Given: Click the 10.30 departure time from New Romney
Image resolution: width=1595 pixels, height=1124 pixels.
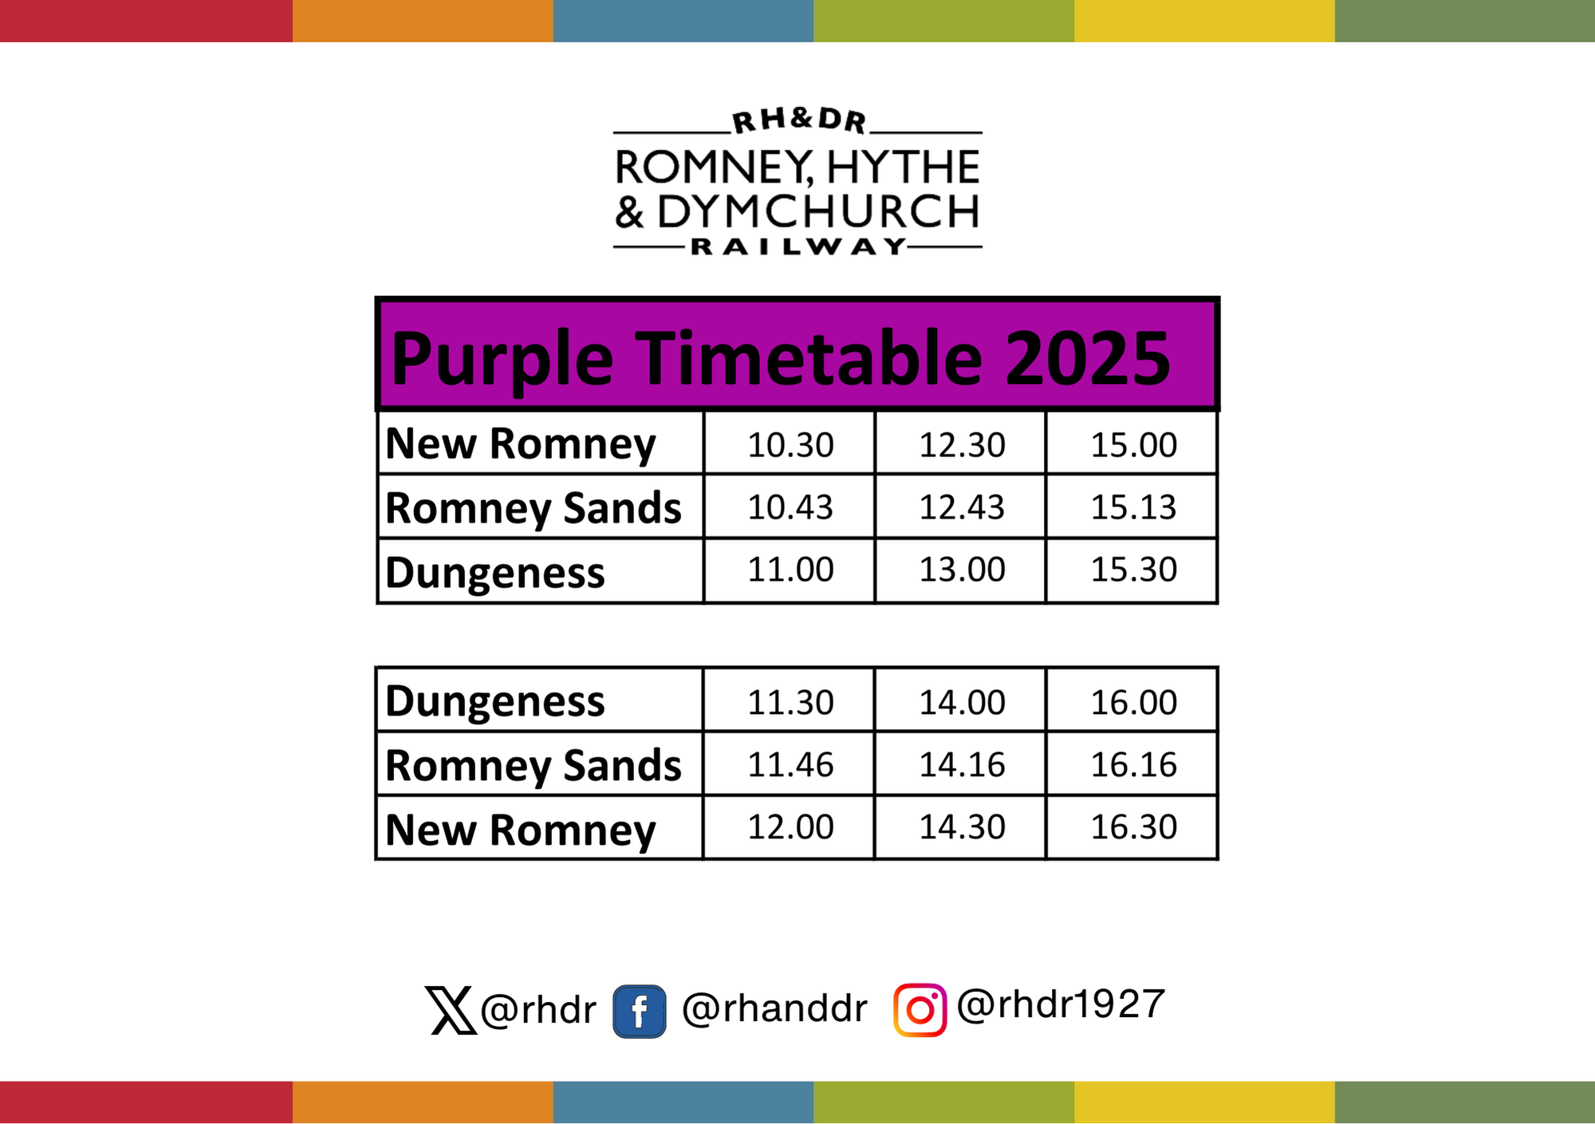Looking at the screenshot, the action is (x=790, y=445).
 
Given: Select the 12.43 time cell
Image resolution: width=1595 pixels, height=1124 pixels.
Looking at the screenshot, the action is (x=962, y=507).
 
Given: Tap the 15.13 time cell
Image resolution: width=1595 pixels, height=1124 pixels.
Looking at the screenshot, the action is (x=1133, y=507).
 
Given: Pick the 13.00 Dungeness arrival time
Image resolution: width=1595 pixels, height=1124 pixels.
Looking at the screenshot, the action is (x=962, y=570).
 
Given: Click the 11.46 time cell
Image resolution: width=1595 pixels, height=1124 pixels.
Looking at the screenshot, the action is (x=790, y=765).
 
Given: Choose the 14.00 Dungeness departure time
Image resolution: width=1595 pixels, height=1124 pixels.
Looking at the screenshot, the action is (x=962, y=703).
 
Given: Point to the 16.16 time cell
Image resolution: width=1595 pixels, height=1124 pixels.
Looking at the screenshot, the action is (x=1133, y=765).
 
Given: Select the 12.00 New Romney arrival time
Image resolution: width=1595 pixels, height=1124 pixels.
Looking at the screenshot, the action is (x=790, y=827).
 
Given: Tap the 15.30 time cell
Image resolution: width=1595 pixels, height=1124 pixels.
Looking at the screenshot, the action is (x=1133, y=570).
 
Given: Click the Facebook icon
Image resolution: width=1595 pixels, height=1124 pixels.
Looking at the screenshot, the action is (x=640, y=1012).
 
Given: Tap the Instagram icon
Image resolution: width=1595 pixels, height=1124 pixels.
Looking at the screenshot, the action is (x=920, y=1010).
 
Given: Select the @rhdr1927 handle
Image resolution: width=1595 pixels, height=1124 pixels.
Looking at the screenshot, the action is (x=1061, y=1004).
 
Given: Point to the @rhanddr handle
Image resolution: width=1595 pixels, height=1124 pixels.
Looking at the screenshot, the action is (x=774, y=1008).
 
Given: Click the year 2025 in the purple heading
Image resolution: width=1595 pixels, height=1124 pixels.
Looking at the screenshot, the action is (x=1088, y=358).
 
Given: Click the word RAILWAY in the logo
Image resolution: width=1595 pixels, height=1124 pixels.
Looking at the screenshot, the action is (x=797, y=247).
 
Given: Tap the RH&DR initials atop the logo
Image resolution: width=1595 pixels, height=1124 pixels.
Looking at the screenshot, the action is (x=799, y=120).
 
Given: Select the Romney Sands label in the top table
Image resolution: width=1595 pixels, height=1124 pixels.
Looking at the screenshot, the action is (x=534, y=509).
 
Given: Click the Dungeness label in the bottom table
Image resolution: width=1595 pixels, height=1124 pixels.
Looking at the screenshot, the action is (x=495, y=702).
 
